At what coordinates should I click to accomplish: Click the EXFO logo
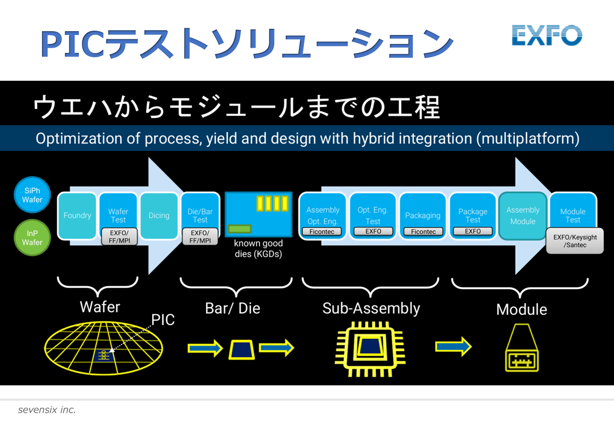click(x=547, y=35)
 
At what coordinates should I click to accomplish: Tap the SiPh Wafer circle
click(x=32, y=195)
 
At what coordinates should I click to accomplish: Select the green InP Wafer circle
click(x=32, y=238)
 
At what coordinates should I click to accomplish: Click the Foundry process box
click(x=77, y=216)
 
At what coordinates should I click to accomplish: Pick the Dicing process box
click(x=159, y=216)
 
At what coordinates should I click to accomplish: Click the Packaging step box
click(x=423, y=216)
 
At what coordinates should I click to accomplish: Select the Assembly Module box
click(x=523, y=216)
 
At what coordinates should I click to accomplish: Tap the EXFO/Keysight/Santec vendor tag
click(x=575, y=241)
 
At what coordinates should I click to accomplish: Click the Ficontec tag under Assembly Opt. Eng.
click(x=322, y=231)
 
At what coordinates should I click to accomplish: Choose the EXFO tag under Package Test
click(x=473, y=231)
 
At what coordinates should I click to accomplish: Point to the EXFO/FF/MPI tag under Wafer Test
click(x=119, y=237)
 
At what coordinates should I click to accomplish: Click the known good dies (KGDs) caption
click(x=258, y=248)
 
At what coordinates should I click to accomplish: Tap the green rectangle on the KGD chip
click(x=240, y=229)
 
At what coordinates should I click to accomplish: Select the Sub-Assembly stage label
click(x=371, y=308)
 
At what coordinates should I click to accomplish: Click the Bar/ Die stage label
click(x=233, y=308)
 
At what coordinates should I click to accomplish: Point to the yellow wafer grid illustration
click(x=103, y=348)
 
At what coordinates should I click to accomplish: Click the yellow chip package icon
click(x=370, y=349)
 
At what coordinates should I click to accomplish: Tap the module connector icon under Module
click(x=522, y=348)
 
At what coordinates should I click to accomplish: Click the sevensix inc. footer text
click(x=47, y=410)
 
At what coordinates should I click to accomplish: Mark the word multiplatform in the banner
click(x=528, y=138)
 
